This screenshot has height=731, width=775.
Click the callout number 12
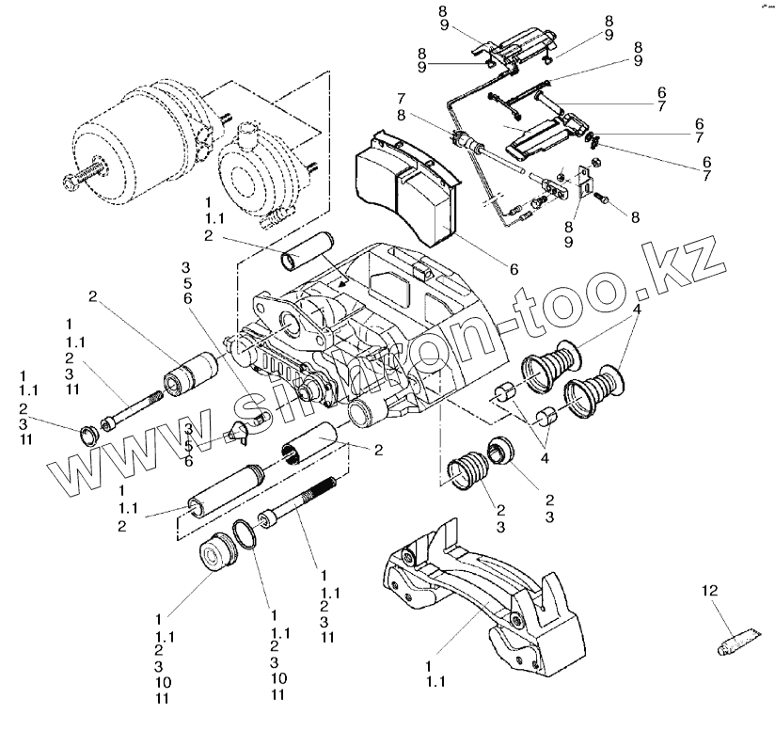tap(708, 591)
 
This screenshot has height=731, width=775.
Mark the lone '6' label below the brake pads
tap(514, 269)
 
